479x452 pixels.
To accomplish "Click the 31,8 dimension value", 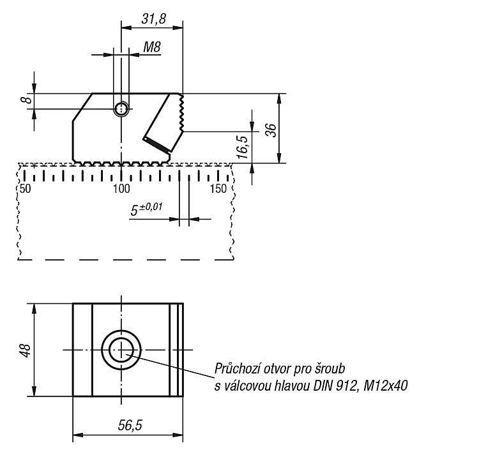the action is [154, 19].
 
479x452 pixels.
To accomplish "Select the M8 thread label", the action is [152, 47].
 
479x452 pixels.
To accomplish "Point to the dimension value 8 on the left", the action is [27, 100].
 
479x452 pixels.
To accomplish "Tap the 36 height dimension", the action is [271, 130].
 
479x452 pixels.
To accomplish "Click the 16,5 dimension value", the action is [243, 147].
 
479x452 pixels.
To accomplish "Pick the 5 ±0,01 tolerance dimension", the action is [146, 209].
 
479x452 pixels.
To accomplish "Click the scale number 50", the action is [25, 189].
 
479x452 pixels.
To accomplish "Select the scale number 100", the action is [121, 189].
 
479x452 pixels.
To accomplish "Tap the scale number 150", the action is [218, 189].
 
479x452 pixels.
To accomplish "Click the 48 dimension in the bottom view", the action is [26, 350].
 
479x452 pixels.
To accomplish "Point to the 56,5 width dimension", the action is [130, 425].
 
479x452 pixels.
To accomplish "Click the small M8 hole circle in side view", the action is [121, 109].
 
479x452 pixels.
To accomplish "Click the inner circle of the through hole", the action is [121, 350].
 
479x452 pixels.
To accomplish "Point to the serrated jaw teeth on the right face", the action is [181, 113].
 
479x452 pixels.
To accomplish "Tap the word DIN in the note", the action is [324, 386].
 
